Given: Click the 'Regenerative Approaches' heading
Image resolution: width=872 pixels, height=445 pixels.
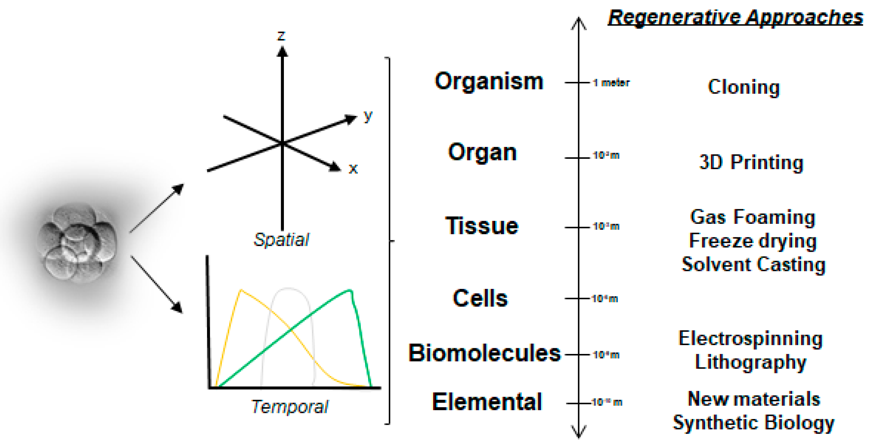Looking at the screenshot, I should point(735,18).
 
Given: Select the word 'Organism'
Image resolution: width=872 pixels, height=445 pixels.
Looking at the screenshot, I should point(489,82).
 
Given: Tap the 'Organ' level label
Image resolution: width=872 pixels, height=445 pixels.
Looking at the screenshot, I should point(482,152).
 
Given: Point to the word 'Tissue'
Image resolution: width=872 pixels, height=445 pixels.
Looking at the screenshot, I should point(482,226).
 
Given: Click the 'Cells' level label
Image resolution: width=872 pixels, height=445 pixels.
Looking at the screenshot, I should point(480,298).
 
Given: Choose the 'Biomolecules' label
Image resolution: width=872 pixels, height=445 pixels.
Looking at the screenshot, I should point(484,353).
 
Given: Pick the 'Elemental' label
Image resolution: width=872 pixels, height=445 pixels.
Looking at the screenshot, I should point(487,402).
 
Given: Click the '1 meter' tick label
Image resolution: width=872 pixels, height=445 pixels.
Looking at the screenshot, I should point(611,83).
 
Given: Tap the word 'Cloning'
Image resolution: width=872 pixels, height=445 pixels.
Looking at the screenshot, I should point(744,87).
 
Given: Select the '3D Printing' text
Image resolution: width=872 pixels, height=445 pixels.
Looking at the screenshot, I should point(751,162).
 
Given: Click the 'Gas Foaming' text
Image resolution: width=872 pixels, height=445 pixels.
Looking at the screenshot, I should point(753,217).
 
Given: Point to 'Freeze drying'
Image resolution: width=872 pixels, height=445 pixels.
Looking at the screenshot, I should point(753,241).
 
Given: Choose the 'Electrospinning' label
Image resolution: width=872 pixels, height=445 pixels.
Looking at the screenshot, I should point(750,339).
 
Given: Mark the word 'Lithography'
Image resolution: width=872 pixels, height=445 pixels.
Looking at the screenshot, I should point(750,362).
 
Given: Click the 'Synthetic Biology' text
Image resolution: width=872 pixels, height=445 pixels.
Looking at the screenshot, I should point(753,423).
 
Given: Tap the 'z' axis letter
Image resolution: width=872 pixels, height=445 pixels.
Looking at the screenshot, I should point(282,36).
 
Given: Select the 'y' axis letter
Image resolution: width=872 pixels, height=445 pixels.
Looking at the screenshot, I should point(368,115).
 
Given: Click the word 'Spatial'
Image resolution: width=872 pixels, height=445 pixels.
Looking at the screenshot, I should point(281,240).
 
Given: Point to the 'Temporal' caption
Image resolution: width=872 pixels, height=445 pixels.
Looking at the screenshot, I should point(290,406).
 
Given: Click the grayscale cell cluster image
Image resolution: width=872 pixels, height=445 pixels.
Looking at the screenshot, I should point(78,243).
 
